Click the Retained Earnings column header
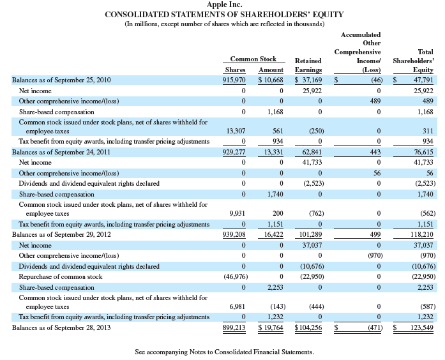308,64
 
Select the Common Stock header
253,59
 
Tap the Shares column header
235,70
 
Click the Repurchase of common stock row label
61,276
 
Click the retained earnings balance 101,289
310,235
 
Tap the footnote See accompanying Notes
225,352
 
